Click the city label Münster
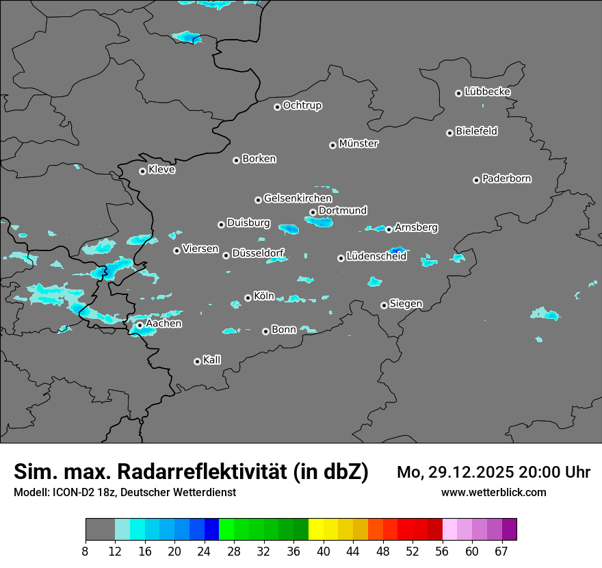click(x=358, y=144)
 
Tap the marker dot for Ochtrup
click(x=277, y=107)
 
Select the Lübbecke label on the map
click(x=487, y=92)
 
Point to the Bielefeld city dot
click(x=449, y=133)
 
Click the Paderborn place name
click(x=506, y=179)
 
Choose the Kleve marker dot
click(x=142, y=171)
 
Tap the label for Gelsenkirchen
click(x=298, y=198)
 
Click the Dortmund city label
click(x=343, y=211)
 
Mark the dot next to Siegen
click(x=384, y=305)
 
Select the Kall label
click(x=212, y=360)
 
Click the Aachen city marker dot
click(x=140, y=325)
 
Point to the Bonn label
click(x=284, y=330)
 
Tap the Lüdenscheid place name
click(x=376, y=257)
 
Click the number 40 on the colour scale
click(x=323, y=551)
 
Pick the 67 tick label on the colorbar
click(x=501, y=551)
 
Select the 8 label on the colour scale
click(x=85, y=551)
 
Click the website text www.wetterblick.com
click(x=493, y=493)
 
